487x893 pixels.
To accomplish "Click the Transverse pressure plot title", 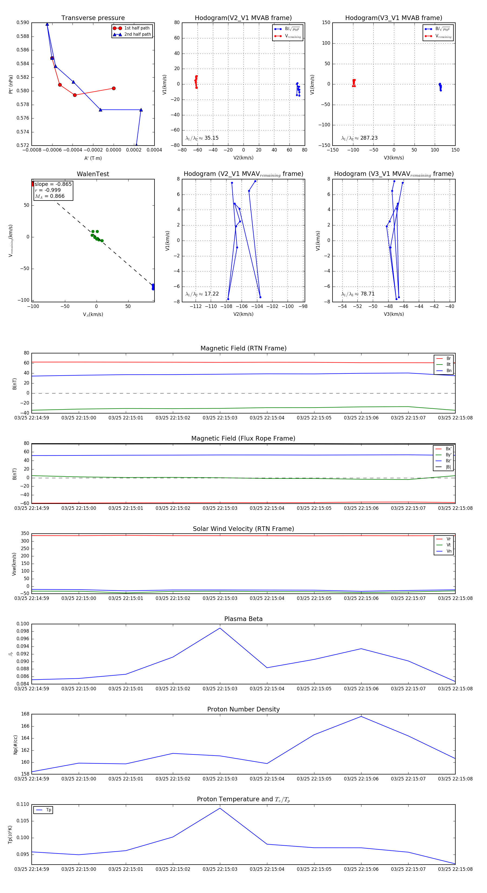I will click(93, 18).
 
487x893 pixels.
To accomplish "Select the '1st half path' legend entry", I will click(137, 28).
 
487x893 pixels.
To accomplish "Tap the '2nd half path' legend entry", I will click(137, 34).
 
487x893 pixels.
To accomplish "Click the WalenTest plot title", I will click(93, 174).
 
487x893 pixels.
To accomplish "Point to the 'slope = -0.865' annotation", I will click(53, 184).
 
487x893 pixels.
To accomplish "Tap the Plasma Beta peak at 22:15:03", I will click(220, 628).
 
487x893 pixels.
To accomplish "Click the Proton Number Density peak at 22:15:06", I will click(361, 717).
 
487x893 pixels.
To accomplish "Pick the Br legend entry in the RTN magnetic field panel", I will click(448, 359).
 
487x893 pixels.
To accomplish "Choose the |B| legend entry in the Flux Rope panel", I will click(448, 467).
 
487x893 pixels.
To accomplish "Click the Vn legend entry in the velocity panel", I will click(449, 551).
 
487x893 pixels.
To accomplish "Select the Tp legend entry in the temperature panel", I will click(48, 810).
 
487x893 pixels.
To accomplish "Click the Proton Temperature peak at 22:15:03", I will click(220, 808).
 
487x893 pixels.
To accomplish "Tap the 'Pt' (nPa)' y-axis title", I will click(11, 84).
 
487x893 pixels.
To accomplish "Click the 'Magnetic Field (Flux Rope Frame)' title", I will click(243, 439).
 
